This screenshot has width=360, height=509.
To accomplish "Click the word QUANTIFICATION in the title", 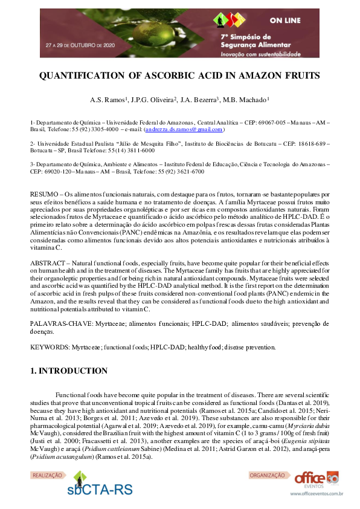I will pos(82,76).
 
